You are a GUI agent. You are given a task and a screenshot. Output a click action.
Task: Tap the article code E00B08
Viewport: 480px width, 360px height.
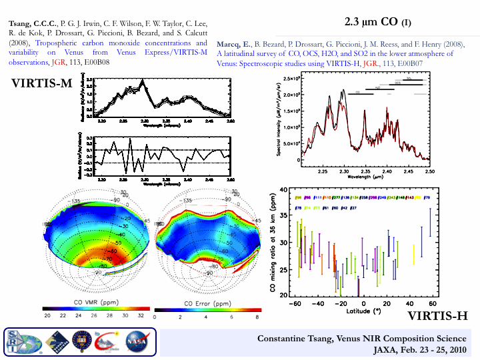click(96, 61)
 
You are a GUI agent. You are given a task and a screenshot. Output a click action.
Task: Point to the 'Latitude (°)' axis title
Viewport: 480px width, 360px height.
click(363, 311)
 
